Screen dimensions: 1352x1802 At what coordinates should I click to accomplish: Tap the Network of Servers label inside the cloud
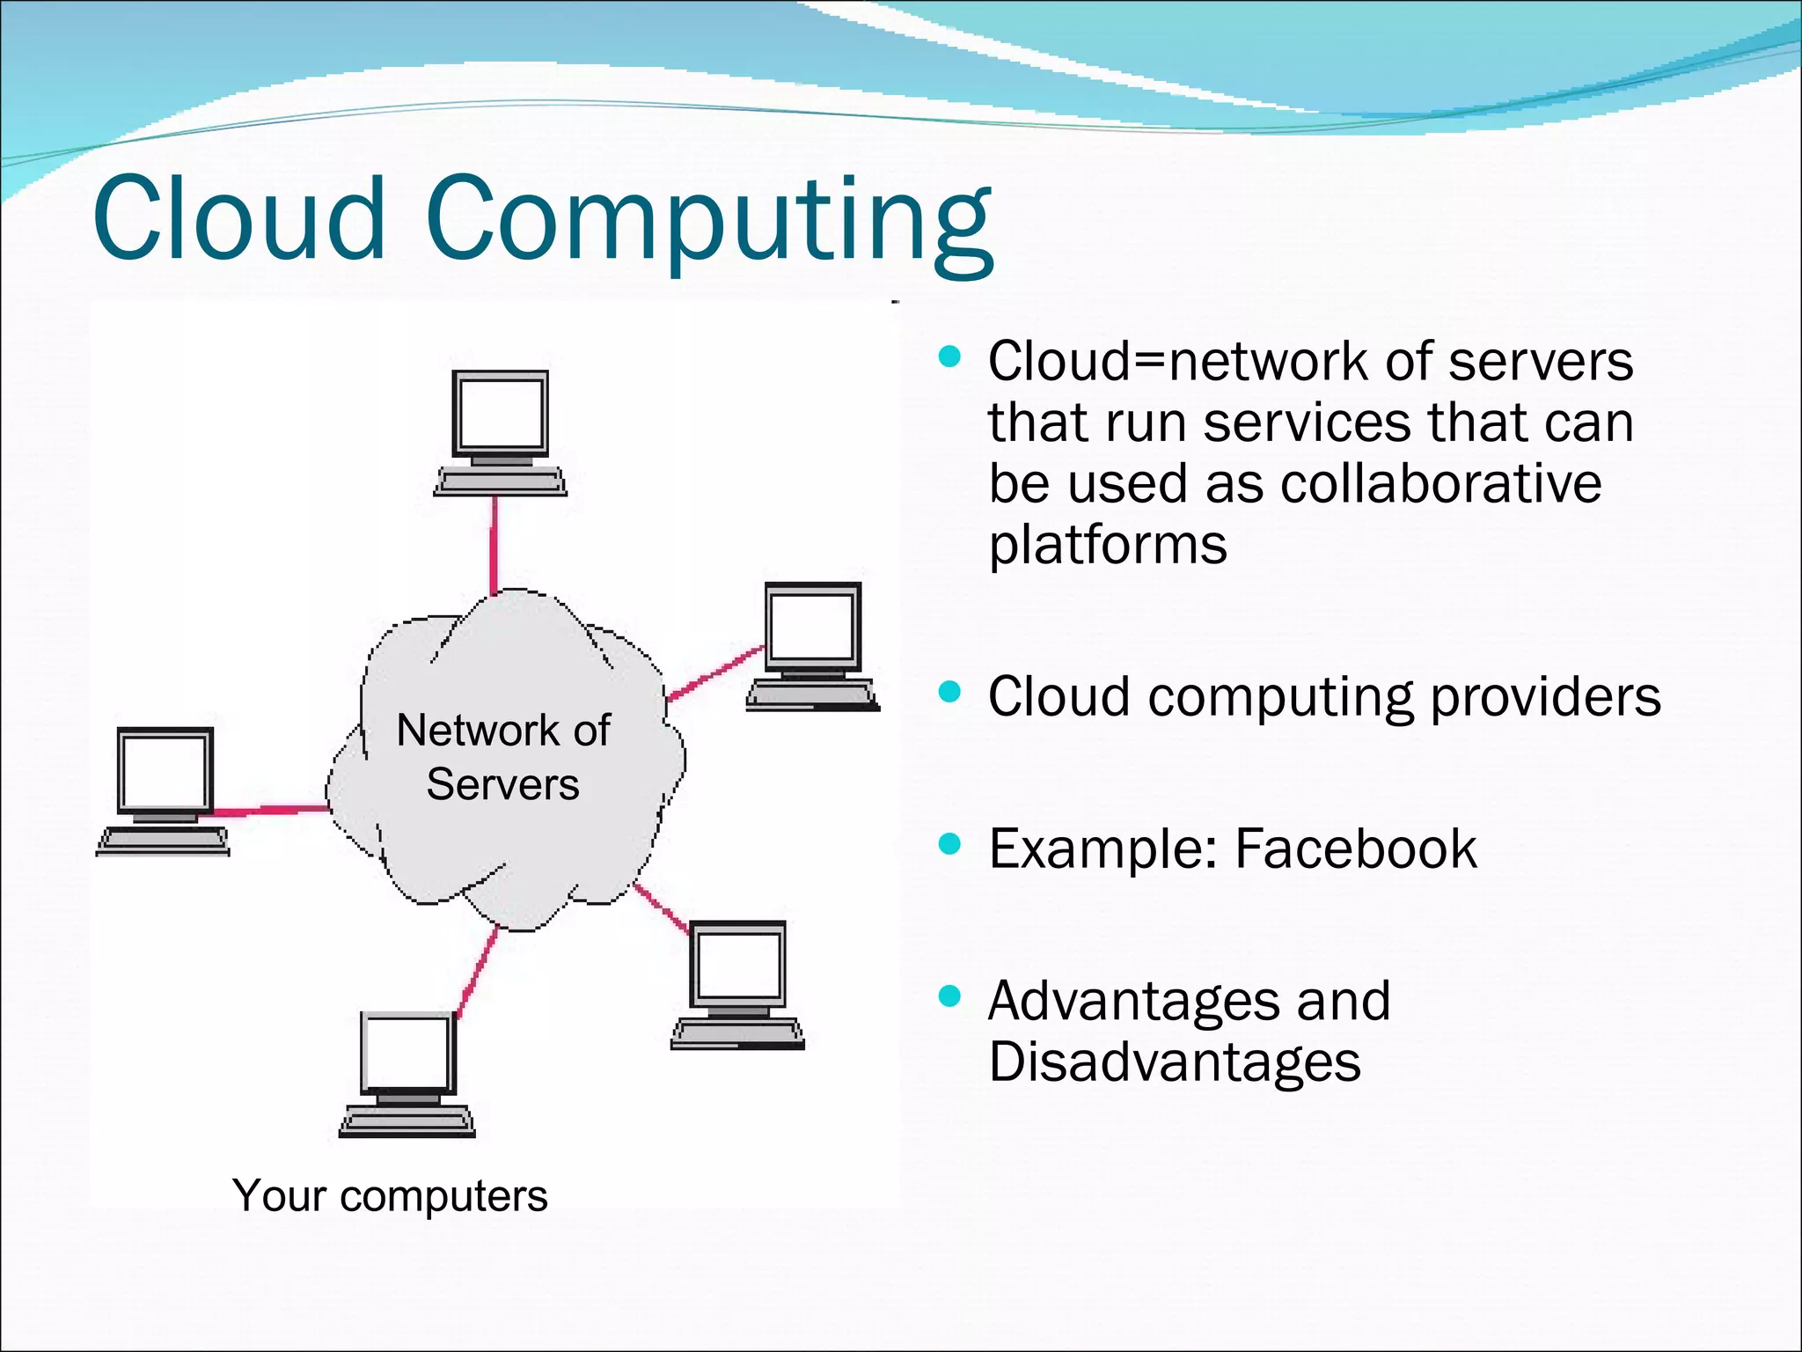(x=503, y=757)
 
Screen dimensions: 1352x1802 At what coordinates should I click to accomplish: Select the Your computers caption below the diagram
(x=390, y=1196)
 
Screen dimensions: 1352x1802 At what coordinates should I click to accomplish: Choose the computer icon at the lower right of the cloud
(x=737, y=985)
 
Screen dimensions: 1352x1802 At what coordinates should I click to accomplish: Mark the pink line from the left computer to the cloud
(x=268, y=810)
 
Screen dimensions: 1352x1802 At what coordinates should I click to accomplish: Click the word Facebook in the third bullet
(x=1356, y=849)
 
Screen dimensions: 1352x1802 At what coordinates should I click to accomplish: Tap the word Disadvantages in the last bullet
(x=1175, y=1062)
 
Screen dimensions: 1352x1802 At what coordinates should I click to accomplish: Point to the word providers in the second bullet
(x=1546, y=697)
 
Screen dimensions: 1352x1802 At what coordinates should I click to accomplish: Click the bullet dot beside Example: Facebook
(x=949, y=845)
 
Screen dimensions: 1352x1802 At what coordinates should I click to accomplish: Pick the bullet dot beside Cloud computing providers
(x=949, y=692)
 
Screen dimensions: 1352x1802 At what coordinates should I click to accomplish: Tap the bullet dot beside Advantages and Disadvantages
(x=949, y=996)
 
